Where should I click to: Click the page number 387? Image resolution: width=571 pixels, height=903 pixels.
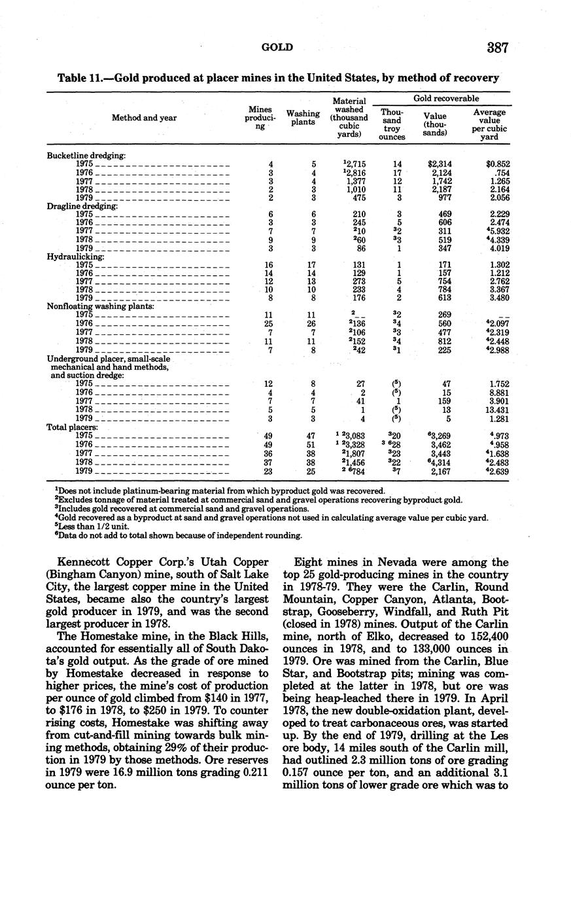[497, 48]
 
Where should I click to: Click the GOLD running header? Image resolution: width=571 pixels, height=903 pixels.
[277, 47]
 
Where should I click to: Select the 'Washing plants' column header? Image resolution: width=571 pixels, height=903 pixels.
[303, 118]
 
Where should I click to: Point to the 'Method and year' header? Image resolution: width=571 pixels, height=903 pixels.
[144, 118]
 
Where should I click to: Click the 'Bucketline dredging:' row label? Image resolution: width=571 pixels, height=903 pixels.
[86, 155]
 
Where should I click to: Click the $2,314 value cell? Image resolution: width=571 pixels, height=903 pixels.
[440, 164]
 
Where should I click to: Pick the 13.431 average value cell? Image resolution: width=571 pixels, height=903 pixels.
[495, 410]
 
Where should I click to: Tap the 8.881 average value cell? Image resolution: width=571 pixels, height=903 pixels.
[498, 393]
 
